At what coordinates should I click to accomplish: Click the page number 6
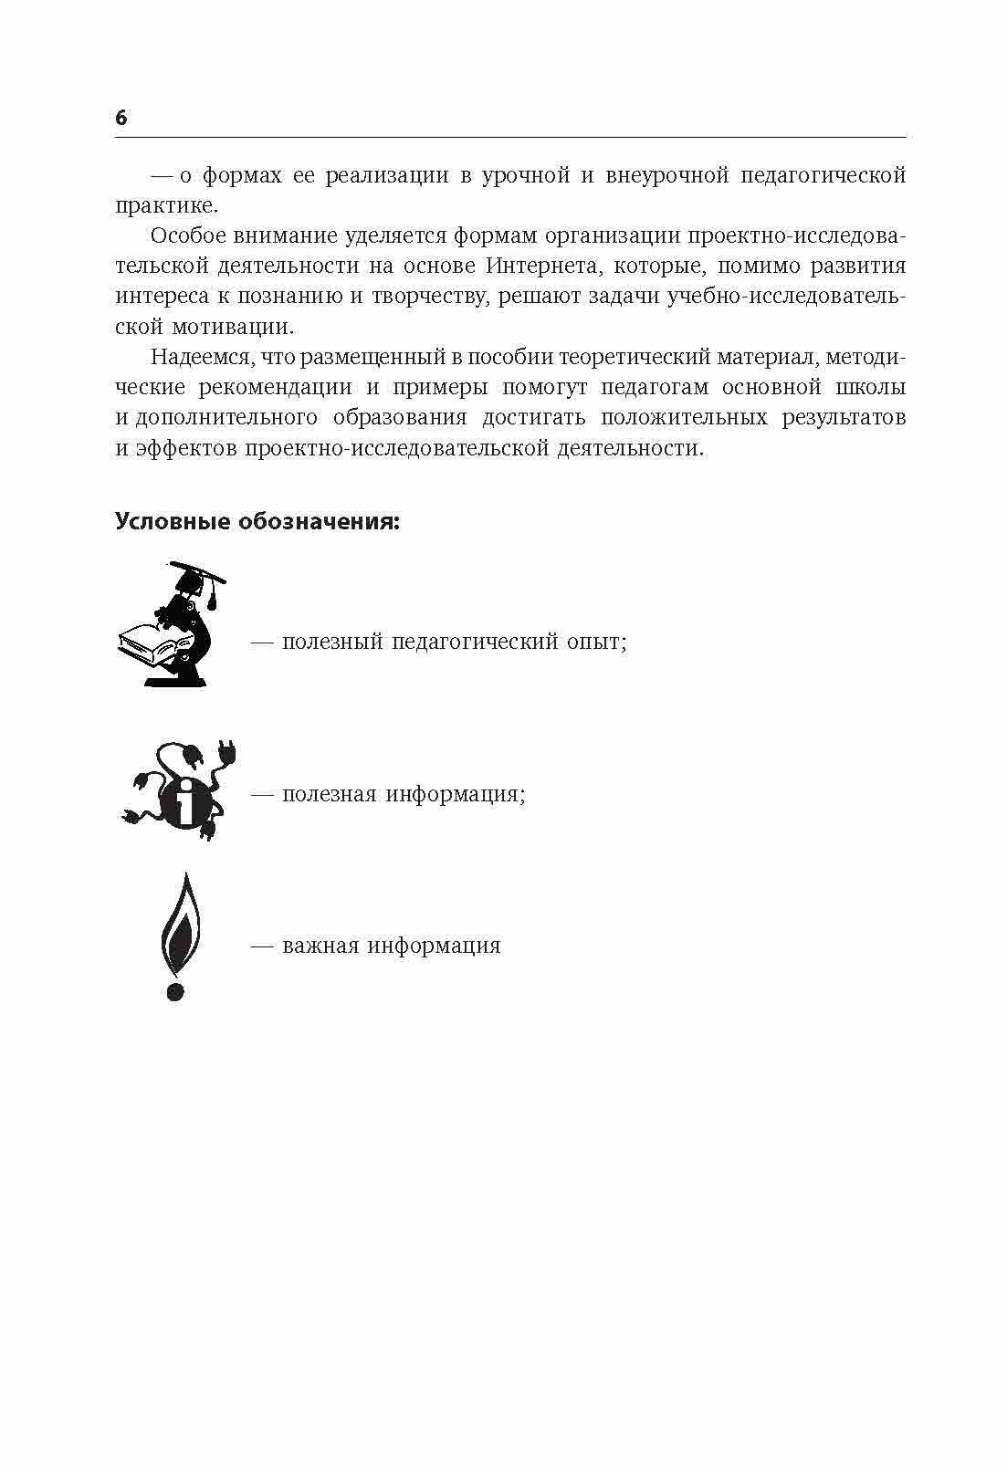pyautogui.click(x=121, y=118)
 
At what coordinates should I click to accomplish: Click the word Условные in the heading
pyautogui.click(x=173, y=522)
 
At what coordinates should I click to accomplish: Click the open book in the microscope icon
pyautogui.click(x=149, y=641)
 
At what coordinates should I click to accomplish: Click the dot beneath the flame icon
pyautogui.click(x=176, y=990)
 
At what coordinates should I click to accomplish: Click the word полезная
pyautogui.click(x=329, y=794)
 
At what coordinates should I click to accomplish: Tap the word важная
pyautogui.click(x=320, y=946)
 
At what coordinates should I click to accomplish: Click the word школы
pyautogui.click(x=871, y=387)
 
